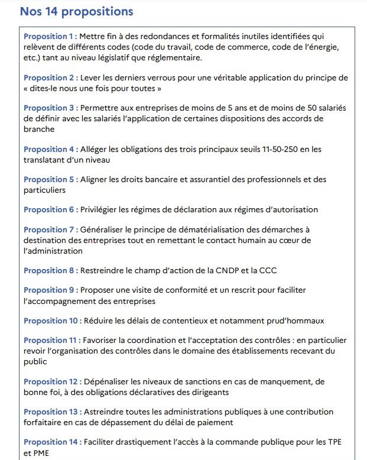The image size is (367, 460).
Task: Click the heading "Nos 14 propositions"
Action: point(76,11)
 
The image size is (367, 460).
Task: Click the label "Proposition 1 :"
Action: point(50,37)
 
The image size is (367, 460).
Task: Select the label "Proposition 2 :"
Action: point(51,78)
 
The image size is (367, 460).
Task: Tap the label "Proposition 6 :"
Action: point(51,209)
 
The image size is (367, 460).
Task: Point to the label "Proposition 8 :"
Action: point(51,271)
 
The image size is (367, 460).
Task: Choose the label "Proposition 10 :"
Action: point(53,321)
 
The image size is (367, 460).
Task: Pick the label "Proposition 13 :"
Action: point(53,412)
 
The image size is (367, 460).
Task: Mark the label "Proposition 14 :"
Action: point(53,442)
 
